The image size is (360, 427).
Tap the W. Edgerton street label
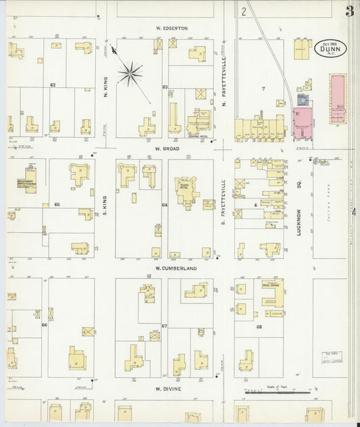[x=170, y=28]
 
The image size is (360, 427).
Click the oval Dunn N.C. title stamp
[x=328, y=49]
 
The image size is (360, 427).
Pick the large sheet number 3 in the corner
[x=349, y=11]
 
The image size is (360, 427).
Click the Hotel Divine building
[x=272, y=293]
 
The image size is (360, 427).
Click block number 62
[x=52, y=85]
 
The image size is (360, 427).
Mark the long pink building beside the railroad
[x=336, y=99]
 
